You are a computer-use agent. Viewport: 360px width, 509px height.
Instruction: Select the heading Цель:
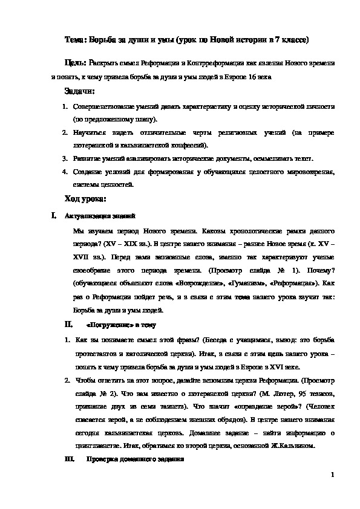pyautogui.click(x=76, y=62)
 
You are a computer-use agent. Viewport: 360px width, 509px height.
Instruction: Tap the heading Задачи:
pyautogui.click(x=79, y=91)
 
